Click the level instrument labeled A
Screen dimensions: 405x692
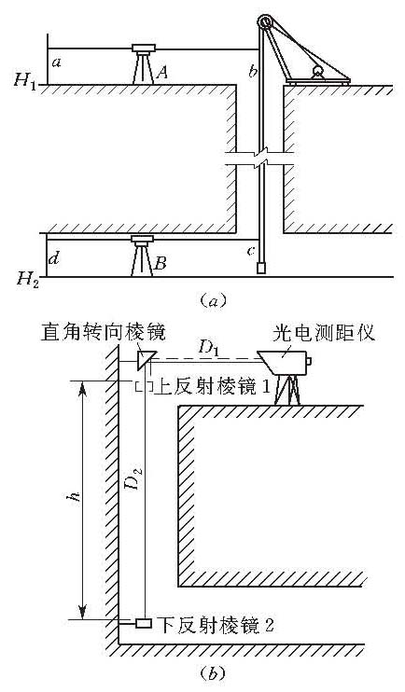[144, 64]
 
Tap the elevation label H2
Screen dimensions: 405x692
[27, 279]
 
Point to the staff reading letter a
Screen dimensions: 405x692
[56, 62]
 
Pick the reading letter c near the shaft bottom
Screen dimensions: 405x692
[251, 251]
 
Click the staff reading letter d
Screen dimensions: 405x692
[54, 258]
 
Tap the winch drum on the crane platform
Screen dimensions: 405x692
[317, 71]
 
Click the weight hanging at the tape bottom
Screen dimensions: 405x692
[262, 269]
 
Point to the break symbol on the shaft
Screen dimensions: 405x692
[259, 159]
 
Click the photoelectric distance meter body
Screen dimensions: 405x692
[284, 362]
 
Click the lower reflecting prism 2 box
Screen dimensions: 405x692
[144, 623]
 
